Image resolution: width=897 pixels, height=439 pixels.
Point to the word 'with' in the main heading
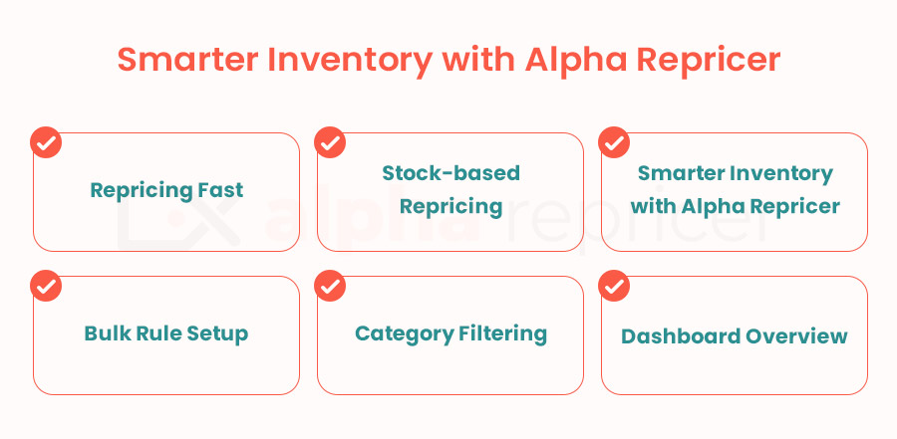479,59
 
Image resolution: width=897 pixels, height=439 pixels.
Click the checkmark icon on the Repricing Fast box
46,142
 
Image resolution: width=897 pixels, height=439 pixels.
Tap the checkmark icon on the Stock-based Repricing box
330,142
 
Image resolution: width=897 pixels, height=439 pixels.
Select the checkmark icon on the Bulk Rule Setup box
46,286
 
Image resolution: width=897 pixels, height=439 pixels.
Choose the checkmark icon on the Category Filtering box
330,286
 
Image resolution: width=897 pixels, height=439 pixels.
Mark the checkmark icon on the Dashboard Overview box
614,286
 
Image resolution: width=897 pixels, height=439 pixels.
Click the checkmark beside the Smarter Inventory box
614,142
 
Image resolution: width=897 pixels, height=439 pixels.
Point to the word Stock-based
450,172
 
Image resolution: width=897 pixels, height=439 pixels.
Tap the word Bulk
103,333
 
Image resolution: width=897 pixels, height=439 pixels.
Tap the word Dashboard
671,336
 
